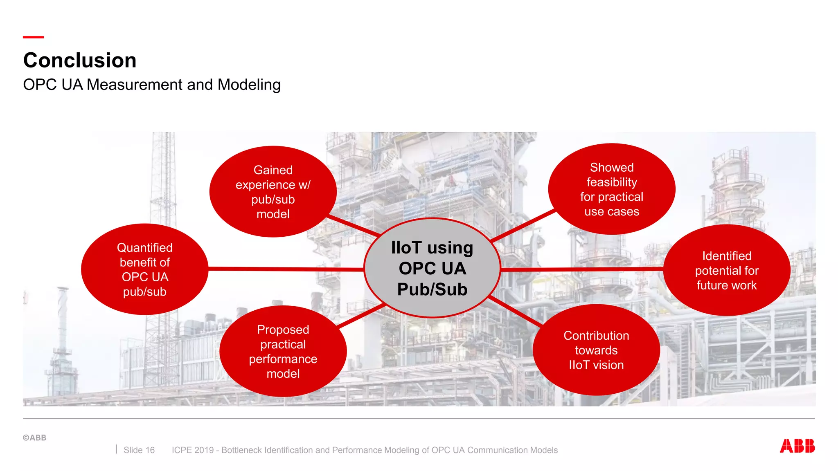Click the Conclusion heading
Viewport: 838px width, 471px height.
[80, 61]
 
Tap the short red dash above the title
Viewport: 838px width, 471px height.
[33, 37]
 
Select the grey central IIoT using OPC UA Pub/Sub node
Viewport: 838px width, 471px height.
[432, 268]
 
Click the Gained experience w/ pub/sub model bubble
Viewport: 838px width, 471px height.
[273, 192]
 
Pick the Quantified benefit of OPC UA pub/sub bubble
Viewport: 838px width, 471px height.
[144, 269]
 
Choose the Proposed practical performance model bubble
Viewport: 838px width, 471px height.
[283, 351]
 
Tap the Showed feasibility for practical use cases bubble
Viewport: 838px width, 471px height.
[611, 189]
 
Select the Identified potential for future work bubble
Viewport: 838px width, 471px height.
[726, 270]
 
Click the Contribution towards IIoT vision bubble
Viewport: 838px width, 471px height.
[596, 350]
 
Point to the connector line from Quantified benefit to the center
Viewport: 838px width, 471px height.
[286, 269]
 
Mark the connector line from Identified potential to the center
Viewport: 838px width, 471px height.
[581, 269]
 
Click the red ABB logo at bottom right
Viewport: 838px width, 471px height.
[797, 446]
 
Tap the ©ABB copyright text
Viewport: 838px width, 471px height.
[35, 437]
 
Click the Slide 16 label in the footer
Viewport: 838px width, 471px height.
[139, 450]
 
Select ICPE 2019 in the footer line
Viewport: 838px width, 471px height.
[193, 450]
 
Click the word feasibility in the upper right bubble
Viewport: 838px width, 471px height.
[611, 182]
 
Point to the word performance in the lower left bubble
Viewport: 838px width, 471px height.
[283, 359]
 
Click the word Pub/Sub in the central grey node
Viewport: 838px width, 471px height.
[432, 289]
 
